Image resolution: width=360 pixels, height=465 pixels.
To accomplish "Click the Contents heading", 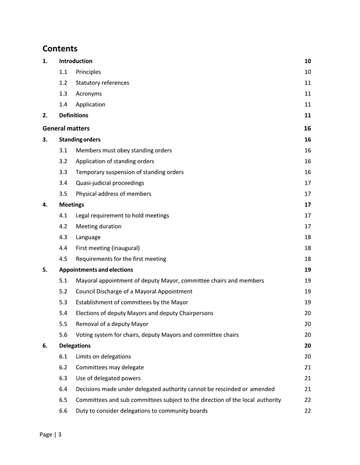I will click(x=60, y=49).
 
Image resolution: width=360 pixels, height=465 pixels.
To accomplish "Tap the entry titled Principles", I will click(x=88, y=72).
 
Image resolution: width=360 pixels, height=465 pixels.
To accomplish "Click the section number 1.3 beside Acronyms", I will click(x=64, y=94).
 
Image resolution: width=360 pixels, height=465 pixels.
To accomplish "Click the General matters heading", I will click(x=66, y=128).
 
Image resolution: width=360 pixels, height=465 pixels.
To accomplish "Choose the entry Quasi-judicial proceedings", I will click(x=109, y=182).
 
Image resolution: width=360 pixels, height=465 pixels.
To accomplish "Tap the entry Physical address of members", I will click(x=113, y=193).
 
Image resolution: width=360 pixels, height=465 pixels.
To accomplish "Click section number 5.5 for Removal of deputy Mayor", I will click(x=64, y=324).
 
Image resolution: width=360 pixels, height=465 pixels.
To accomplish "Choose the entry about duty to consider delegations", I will click(x=142, y=411).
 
